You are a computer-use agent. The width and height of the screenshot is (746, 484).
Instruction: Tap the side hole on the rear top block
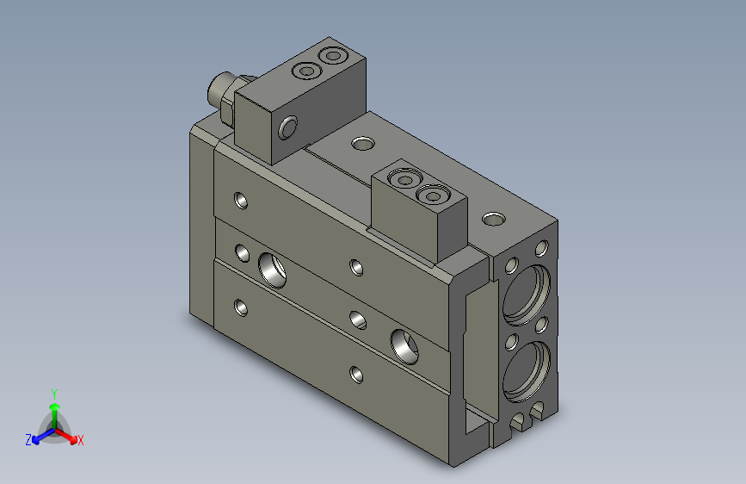tap(287, 128)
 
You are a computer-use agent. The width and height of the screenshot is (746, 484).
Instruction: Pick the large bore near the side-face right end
tap(404, 344)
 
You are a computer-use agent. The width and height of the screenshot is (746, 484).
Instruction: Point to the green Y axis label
tap(53, 392)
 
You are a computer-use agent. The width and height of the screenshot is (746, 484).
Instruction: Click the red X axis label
tap(81, 440)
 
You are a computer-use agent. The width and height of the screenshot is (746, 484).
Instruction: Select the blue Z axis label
tap(28, 439)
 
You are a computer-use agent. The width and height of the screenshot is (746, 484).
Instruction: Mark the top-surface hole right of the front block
tap(493, 219)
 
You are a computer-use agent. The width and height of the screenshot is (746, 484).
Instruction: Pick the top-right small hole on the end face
tap(541, 249)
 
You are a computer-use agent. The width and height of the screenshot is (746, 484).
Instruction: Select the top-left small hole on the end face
tap(512, 265)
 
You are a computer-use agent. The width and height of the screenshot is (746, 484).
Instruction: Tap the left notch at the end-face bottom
tap(519, 422)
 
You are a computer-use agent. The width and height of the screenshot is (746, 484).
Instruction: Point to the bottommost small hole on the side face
tap(357, 374)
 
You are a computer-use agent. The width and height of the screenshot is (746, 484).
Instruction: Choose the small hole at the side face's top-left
tap(242, 202)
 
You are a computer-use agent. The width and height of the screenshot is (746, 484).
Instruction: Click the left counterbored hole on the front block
tap(404, 180)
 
